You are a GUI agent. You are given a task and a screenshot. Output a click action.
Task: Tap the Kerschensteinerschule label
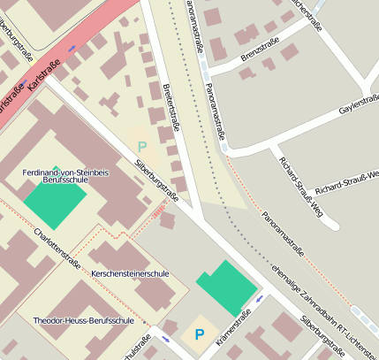[x=129, y=274]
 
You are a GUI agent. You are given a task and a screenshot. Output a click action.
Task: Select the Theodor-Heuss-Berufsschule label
[x=82, y=320]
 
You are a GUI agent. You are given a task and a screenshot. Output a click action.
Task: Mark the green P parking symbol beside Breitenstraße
[x=141, y=145]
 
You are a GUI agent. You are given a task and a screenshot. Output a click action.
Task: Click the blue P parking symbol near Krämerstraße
[x=199, y=335]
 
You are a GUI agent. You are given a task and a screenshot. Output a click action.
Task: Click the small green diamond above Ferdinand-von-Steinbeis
[x=57, y=166]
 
